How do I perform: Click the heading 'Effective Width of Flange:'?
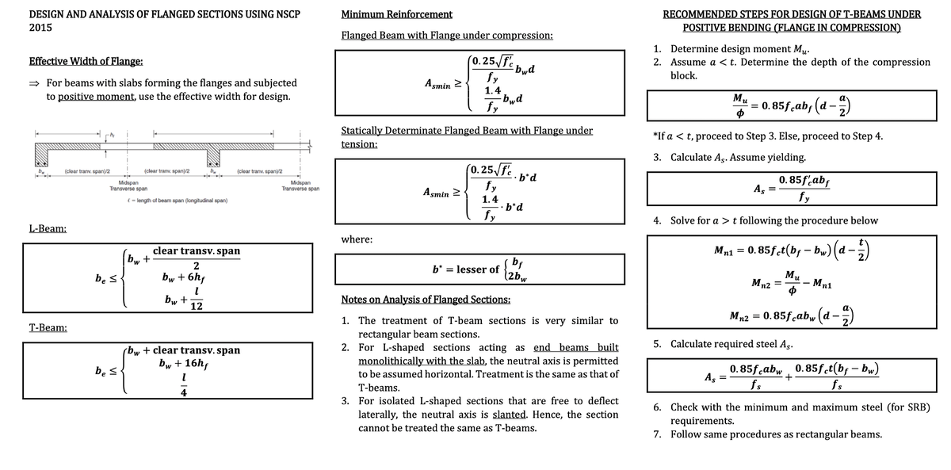click(86, 62)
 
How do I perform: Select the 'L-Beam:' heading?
click(49, 229)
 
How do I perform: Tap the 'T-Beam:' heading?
click(48, 327)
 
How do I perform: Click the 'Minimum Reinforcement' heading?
click(396, 14)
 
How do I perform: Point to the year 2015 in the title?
click(41, 27)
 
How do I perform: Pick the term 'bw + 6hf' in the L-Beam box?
click(184, 278)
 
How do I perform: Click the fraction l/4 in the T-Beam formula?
click(183, 385)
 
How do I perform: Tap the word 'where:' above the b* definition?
click(357, 239)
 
